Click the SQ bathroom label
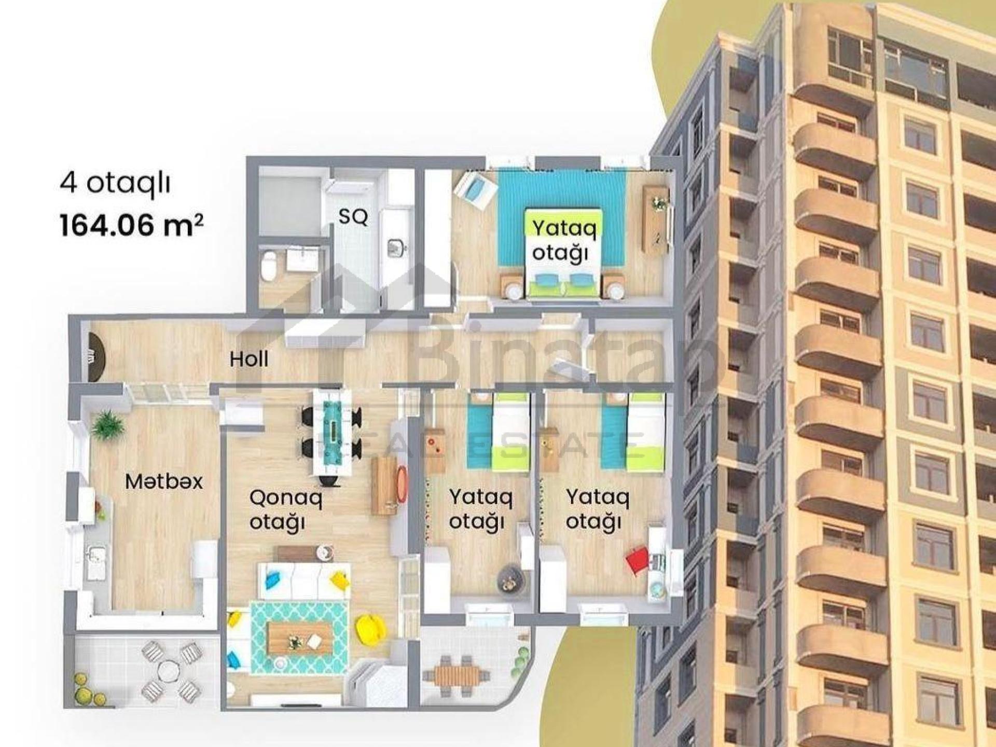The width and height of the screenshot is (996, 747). (353, 217)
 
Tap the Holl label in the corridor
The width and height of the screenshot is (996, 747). (249, 359)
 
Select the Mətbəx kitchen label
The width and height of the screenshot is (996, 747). (164, 482)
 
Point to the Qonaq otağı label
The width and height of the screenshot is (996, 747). (286, 510)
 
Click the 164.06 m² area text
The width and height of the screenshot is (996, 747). (132, 226)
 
